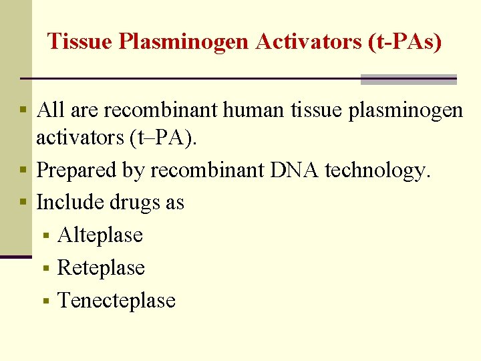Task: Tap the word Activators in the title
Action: click(x=308, y=41)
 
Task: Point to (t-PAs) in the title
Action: click(x=405, y=42)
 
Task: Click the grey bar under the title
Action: click(x=408, y=80)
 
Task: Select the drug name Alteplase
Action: click(x=100, y=235)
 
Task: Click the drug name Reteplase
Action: click(x=101, y=267)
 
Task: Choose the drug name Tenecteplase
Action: click(x=116, y=300)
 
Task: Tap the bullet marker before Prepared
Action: click(x=23, y=170)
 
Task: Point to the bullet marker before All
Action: click(x=23, y=110)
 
